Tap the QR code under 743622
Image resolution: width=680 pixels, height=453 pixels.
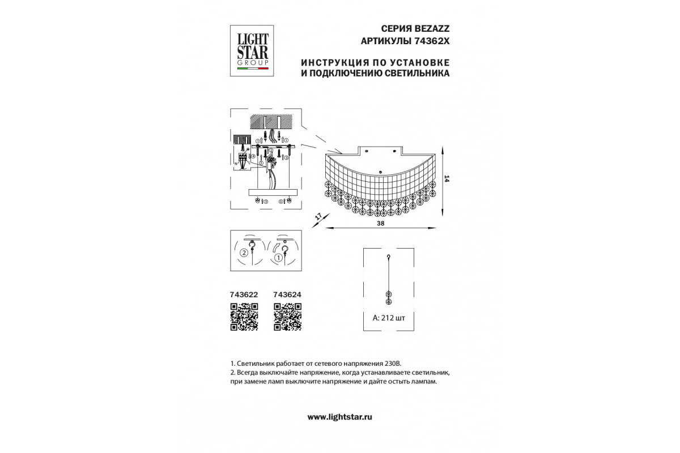(x=244, y=317)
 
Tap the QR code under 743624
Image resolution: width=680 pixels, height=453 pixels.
(x=287, y=317)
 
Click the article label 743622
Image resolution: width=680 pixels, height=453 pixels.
(x=244, y=294)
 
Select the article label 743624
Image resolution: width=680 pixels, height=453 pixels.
(x=287, y=294)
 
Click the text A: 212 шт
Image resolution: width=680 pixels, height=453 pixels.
(x=389, y=318)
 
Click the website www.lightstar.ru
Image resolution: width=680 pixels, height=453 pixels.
(x=339, y=417)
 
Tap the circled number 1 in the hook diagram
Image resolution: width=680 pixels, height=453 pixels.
(x=278, y=257)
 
